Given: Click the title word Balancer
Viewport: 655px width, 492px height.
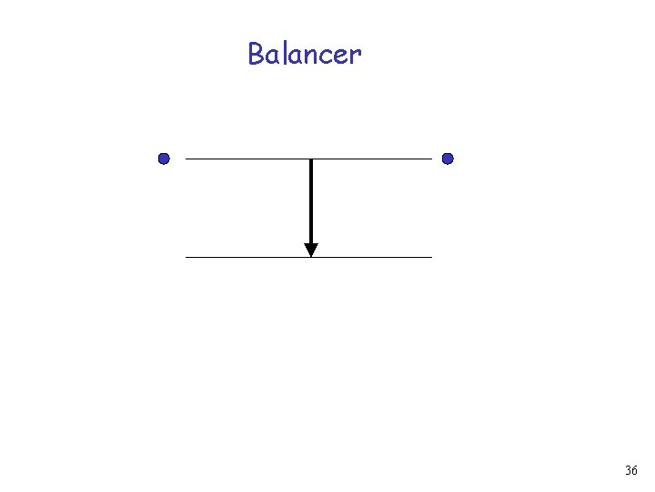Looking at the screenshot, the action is pyautogui.click(x=305, y=55).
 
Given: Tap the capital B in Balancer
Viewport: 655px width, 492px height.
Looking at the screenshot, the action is pyautogui.click(x=256, y=55).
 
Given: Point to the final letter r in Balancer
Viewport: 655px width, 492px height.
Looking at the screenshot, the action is pyautogui.click(x=355, y=57).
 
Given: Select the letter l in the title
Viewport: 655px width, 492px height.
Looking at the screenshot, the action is pyautogui.click(x=282, y=54).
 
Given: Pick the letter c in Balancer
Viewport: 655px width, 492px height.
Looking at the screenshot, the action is pyautogui.click(x=326, y=57).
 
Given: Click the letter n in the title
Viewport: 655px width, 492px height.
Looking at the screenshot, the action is pyautogui.click(x=310, y=57).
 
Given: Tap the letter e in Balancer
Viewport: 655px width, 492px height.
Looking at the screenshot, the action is pyautogui.click(x=341, y=57).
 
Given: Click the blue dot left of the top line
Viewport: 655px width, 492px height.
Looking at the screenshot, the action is pyautogui.click(x=164, y=159).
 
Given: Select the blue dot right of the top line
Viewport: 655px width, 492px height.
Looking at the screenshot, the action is pyautogui.click(x=448, y=159).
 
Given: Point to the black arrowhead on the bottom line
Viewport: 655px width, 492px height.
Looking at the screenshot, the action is pyautogui.click(x=311, y=250).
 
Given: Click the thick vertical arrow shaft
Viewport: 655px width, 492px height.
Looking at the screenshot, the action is pyautogui.click(x=311, y=200).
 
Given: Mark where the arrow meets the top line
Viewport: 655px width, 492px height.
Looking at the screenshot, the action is pyautogui.click(x=311, y=159).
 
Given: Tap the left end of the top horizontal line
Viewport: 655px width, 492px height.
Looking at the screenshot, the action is pyautogui.click(x=186, y=159).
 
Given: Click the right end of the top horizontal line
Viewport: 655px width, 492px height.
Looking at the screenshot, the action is pyautogui.click(x=431, y=159).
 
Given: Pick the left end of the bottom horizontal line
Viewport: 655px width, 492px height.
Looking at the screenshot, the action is pyautogui.click(x=186, y=257).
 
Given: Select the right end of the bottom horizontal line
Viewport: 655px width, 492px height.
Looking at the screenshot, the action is pyautogui.click(x=431, y=257).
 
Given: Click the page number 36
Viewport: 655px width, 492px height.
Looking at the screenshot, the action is pyautogui.click(x=631, y=471).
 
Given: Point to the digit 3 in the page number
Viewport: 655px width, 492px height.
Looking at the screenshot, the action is pyautogui.click(x=628, y=471).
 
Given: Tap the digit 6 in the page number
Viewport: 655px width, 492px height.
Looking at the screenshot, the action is pyautogui.click(x=635, y=471).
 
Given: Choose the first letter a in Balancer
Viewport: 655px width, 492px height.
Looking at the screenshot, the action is pyautogui.click(x=271, y=57).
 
